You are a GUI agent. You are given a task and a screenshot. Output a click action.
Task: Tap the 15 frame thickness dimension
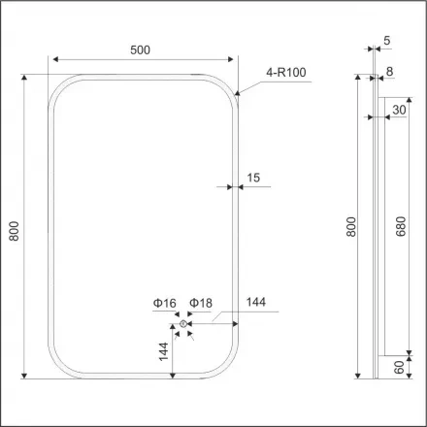(x=254, y=177)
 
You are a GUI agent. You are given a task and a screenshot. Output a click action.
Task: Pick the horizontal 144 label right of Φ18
(x=256, y=304)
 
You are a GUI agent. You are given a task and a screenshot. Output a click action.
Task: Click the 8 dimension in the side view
(x=390, y=71)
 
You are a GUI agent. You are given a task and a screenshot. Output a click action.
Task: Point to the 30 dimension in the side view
(x=398, y=111)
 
